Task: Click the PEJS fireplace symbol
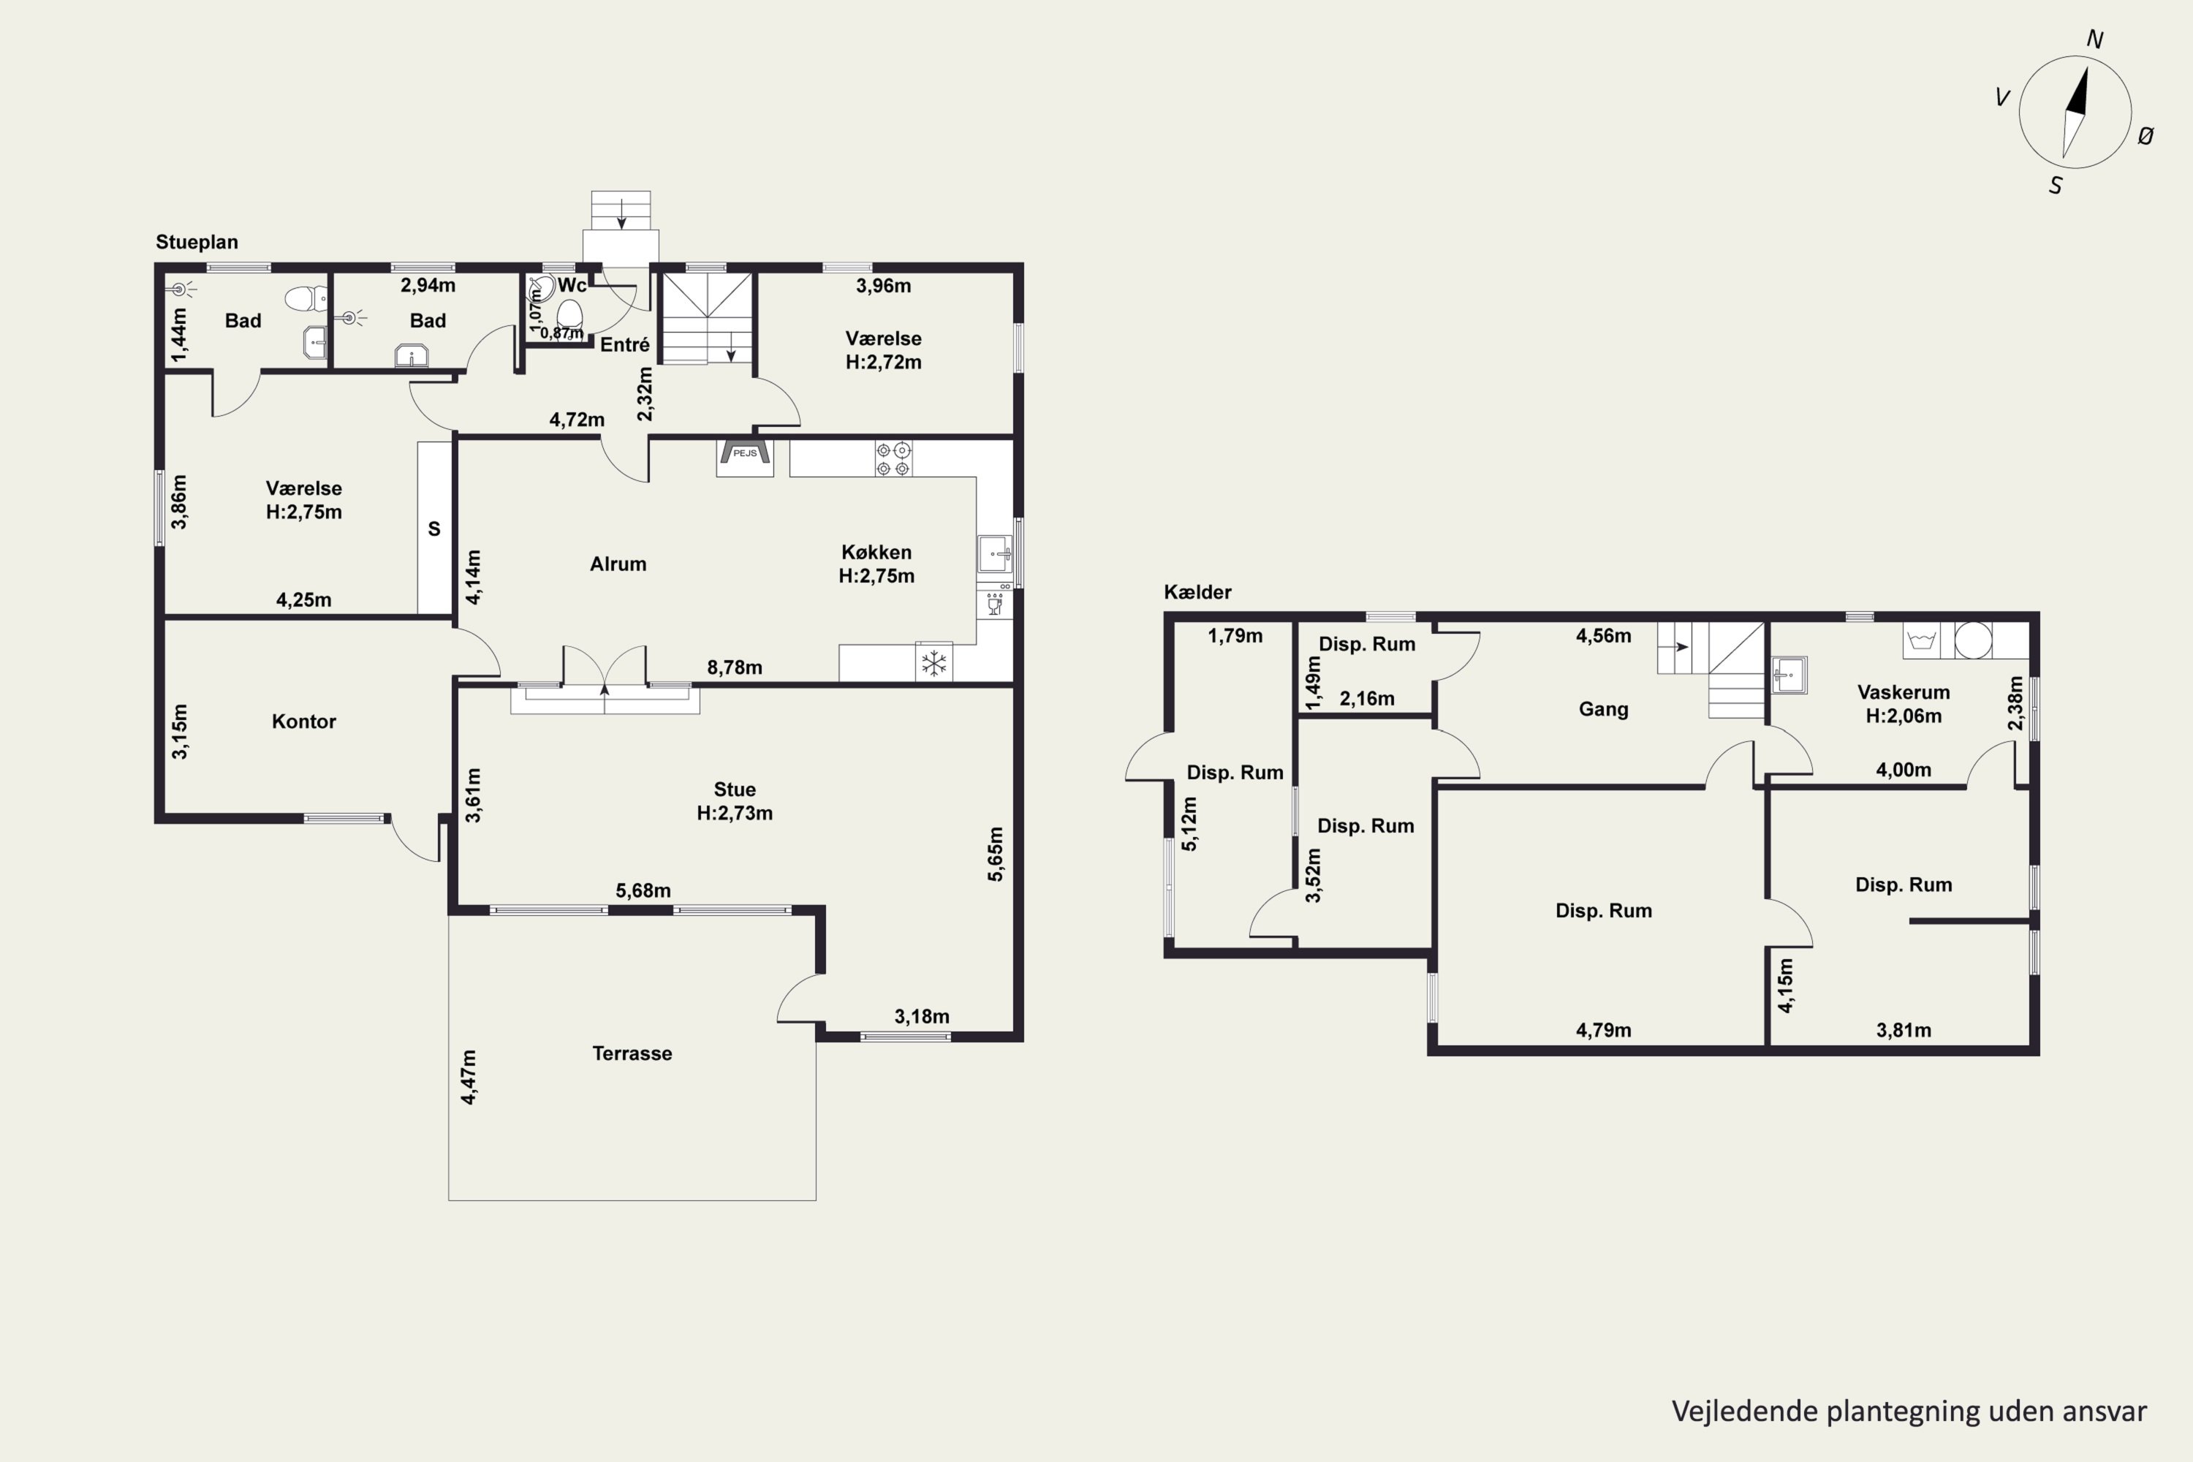[x=745, y=457]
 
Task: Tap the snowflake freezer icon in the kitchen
[x=933, y=663]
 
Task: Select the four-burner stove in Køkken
[x=893, y=460]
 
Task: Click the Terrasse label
[x=632, y=1053]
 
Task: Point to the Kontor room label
[x=304, y=721]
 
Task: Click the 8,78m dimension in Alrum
[x=735, y=667]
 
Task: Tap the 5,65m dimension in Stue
[x=996, y=853]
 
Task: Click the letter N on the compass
[x=2094, y=40]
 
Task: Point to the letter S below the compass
[x=2055, y=186]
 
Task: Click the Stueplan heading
[x=197, y=243]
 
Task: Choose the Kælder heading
[x=1197, y=592]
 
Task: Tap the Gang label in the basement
[x=1604, y=710]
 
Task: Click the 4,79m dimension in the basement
[x=1604, y=1030]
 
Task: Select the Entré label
[x=625, y=345]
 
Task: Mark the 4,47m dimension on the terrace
[x=469, y=1077]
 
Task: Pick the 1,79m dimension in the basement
[x=1235, y=636]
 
